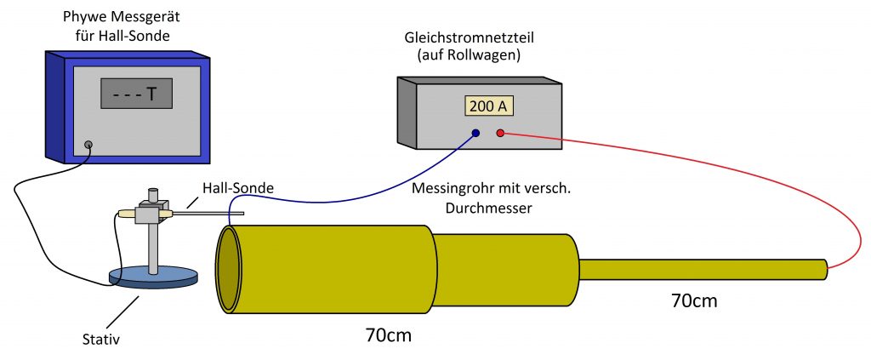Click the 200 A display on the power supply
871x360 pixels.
[487, 106]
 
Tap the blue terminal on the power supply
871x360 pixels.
[475, 133]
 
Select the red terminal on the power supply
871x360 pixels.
[500, 133]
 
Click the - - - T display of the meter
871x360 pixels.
[136, 94]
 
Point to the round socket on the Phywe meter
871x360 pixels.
[88, 146]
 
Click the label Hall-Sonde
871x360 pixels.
[238, 188]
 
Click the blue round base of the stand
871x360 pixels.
[153, 277]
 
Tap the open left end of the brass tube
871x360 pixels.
[228, 270]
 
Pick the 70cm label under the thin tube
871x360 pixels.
[694, 300]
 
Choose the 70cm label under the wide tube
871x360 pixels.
[389, 335]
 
